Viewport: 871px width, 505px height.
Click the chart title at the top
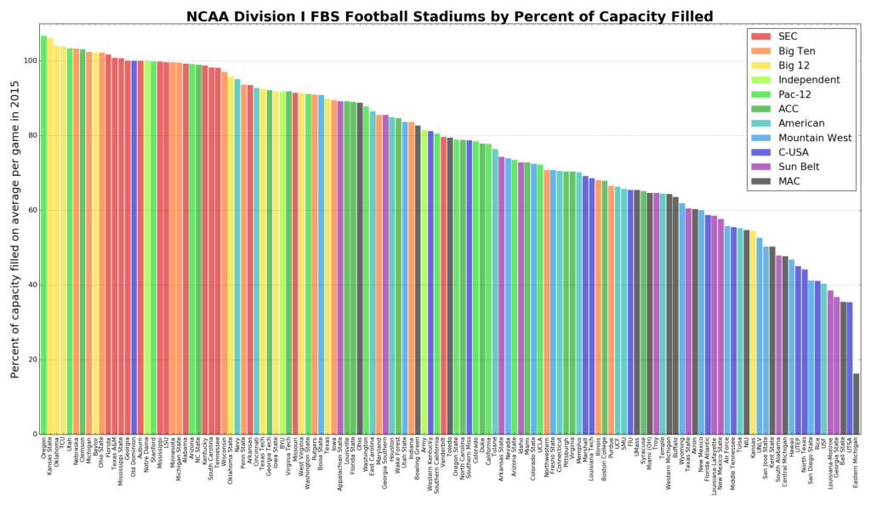tap(450, 16)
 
